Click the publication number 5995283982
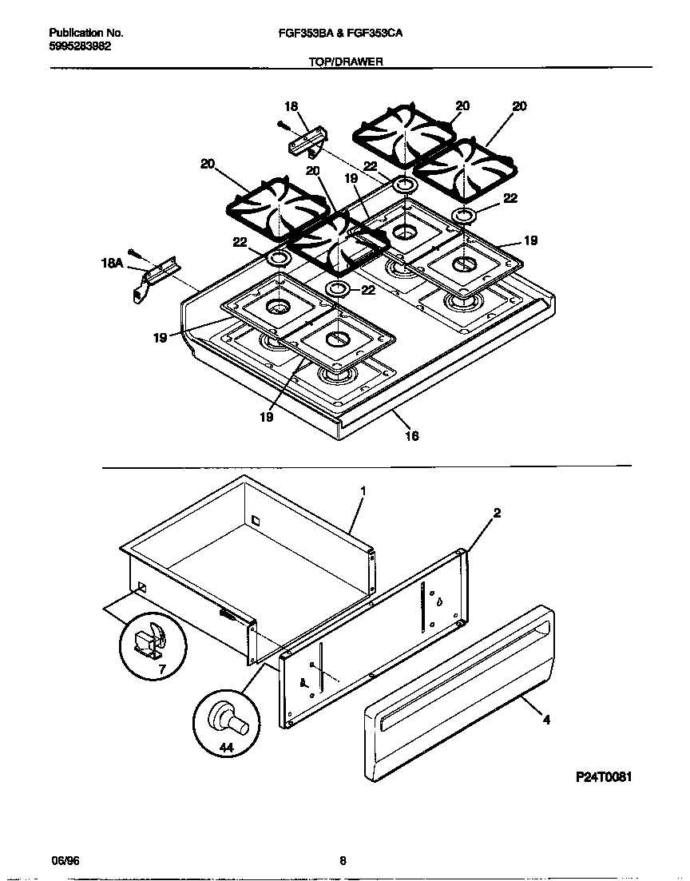click(80, 46)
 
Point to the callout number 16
click(412, 436)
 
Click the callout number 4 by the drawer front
click(546, 720)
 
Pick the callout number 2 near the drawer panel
click(497, 514)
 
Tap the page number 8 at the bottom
click(343, 860)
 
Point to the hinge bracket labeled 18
click(306, 144)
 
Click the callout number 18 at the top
click(291, 106)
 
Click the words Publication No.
click(86, 34)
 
